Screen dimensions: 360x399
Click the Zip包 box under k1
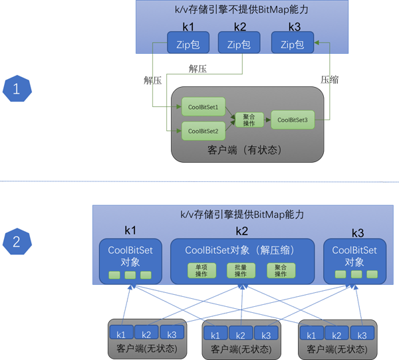[x=184, y=45]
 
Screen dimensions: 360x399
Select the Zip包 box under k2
[x=237, y=45]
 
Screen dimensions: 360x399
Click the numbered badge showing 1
[x=17, y=88]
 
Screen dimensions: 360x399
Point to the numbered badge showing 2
[x=17, y=240]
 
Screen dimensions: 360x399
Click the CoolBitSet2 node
[x=203, y=131]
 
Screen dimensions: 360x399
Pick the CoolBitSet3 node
[x=292, y=120]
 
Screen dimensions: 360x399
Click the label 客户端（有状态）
[x=247, y=150]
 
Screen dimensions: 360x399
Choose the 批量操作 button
[x=241, y=270]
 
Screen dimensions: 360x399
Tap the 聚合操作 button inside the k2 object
[x=280, y=270]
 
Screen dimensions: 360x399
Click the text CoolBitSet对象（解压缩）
[x=240, y=250]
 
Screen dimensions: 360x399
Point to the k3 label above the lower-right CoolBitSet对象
[x=358, y=233]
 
